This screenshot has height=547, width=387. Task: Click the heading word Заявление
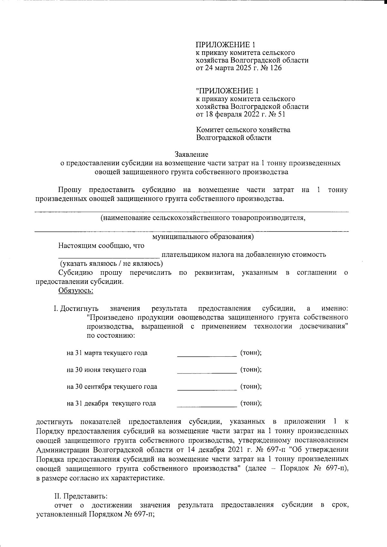192,154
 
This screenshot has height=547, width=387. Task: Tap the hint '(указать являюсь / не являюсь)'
112,263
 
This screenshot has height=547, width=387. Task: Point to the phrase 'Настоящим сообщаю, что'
101,245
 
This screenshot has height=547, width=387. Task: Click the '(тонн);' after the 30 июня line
251,369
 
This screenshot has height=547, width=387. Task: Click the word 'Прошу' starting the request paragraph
70,190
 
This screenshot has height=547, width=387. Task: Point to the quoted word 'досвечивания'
323,326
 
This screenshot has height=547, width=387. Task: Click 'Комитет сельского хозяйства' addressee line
243,130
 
